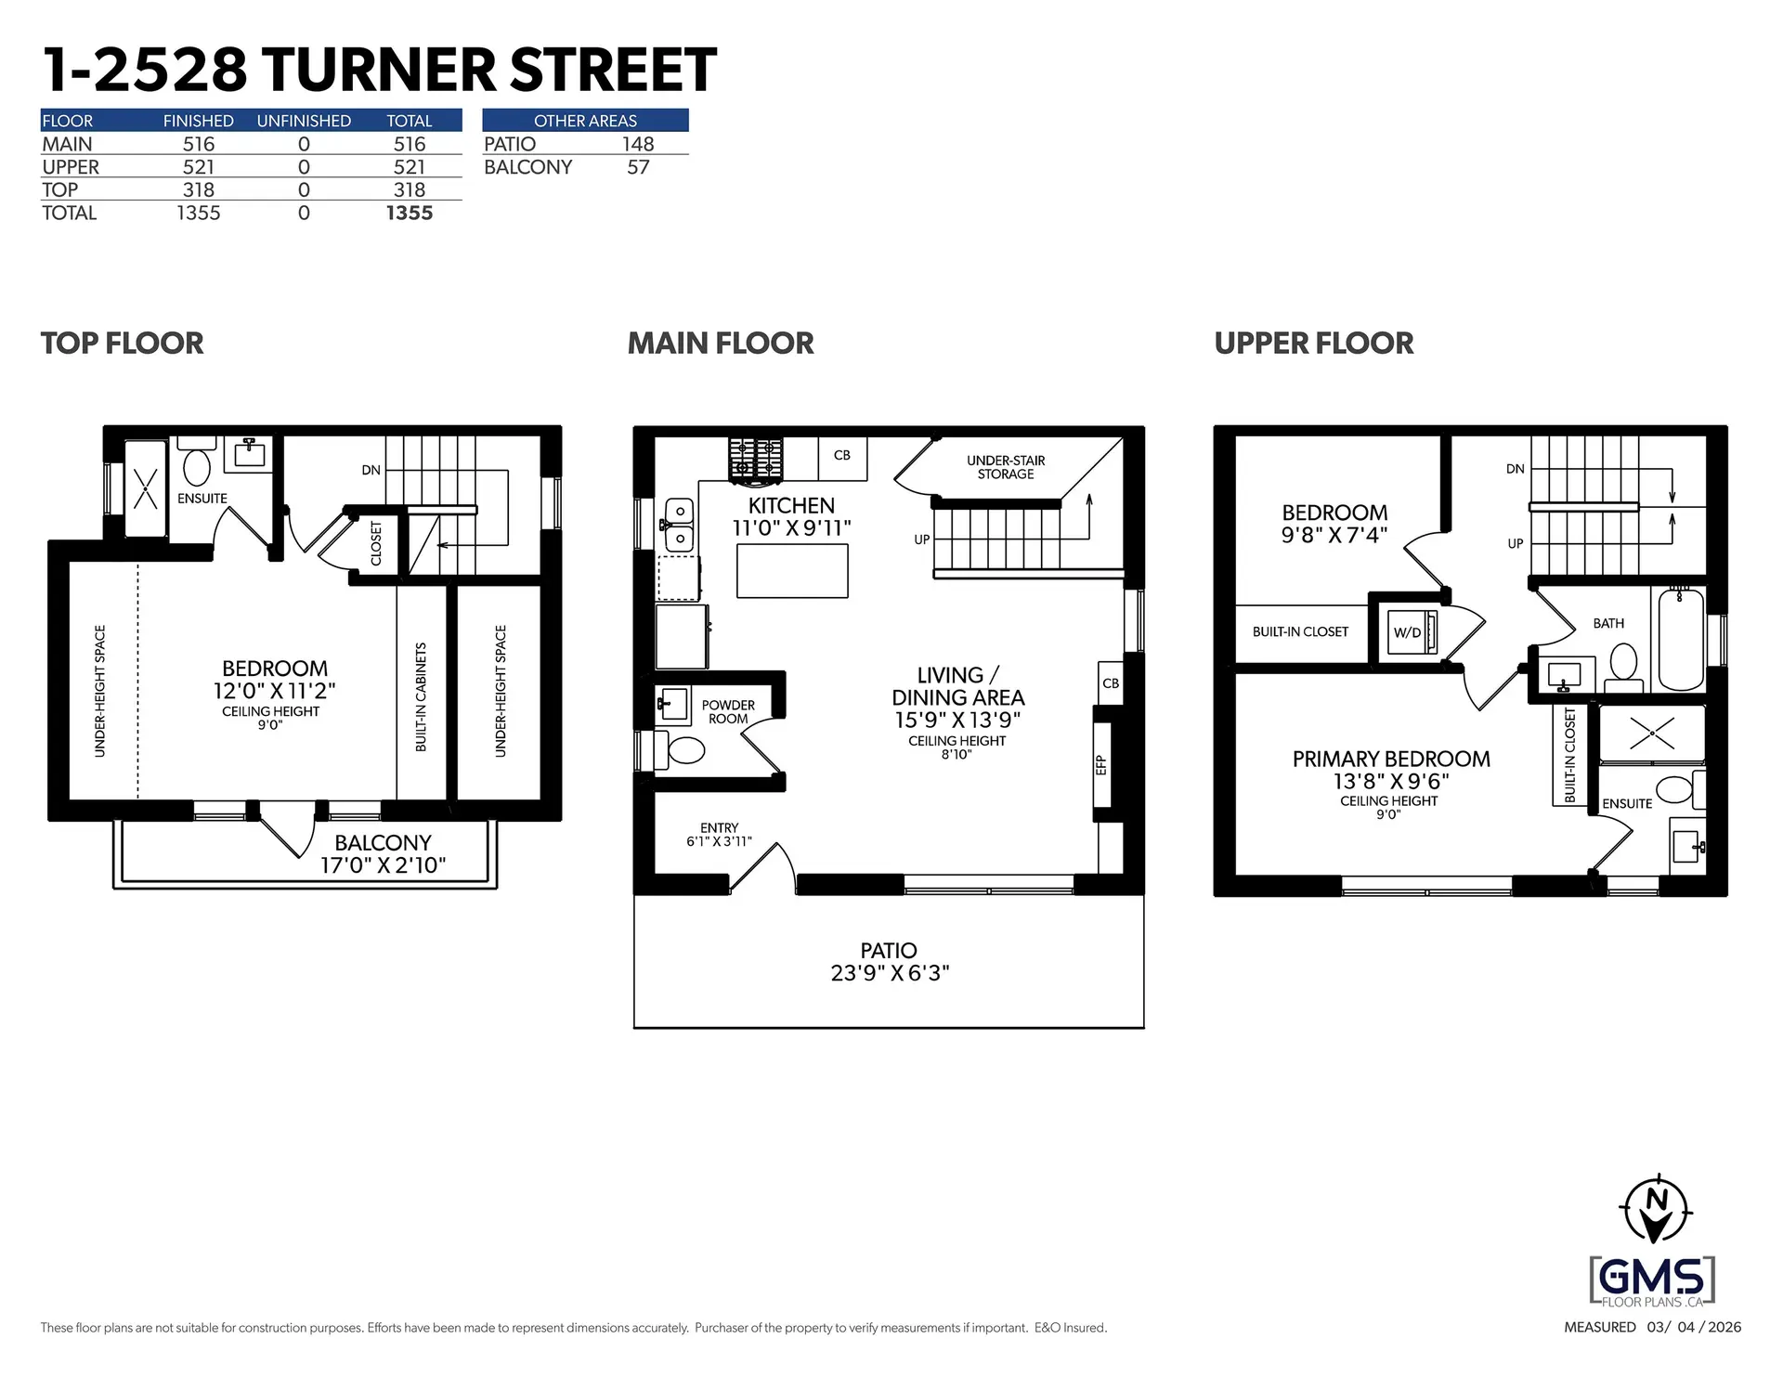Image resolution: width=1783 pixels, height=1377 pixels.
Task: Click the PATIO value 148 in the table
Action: [638, 144]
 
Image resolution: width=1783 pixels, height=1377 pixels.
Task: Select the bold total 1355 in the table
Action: [409, 213]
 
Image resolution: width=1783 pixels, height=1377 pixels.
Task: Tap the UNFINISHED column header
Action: [304, 121]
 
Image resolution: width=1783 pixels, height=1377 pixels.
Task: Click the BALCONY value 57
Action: [638, 167]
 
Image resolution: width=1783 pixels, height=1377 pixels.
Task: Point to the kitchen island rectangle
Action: [792, 570]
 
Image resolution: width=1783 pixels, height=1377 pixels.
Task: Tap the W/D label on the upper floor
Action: [1407, 633]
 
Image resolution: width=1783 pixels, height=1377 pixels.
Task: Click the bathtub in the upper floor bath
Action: [1681, 640]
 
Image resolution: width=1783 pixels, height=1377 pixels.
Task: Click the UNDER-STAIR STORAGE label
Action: [1005, 467]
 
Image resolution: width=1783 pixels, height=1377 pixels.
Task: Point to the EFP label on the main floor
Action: [1101, 765]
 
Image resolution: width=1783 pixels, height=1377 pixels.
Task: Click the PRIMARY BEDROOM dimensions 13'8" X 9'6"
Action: [1390, 782]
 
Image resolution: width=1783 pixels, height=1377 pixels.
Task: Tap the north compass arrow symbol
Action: [1655, 1210]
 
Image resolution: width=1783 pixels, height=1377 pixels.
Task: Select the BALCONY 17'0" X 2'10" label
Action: [383, 854]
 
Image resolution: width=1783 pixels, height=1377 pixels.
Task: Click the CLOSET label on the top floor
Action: [376, 543]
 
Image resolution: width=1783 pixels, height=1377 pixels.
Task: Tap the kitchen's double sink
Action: [680, 525]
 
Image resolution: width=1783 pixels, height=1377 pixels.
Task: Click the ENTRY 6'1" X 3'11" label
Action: [719, 835]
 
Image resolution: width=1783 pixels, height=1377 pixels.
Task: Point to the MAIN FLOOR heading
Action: [720, 344]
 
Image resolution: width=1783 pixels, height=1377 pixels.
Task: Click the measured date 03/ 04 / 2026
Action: [1694, 1327]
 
